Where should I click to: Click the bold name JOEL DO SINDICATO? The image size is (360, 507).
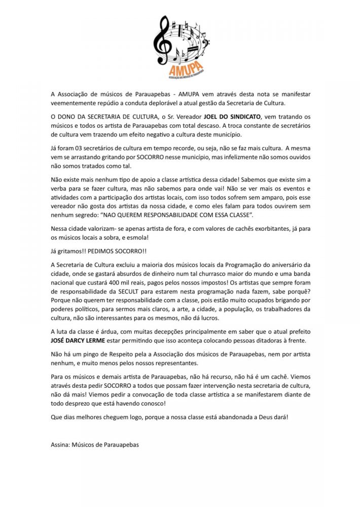point(225,116)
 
